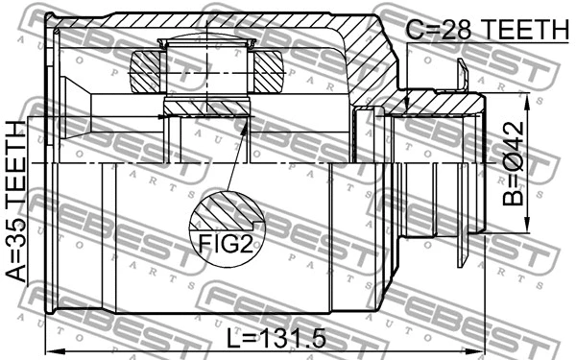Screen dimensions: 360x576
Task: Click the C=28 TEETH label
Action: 481,30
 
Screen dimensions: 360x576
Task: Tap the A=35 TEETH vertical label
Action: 16,202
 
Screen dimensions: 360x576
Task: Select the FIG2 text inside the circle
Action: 227,241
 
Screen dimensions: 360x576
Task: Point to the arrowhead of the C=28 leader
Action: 408,108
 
